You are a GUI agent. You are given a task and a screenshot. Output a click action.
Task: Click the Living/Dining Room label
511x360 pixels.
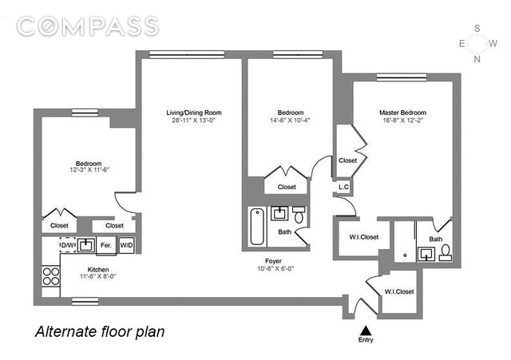(194, 113)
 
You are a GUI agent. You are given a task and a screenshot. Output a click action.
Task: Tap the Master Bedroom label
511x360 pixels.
(402, 113)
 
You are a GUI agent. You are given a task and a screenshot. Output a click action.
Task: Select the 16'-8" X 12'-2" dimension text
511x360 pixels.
(402, 121)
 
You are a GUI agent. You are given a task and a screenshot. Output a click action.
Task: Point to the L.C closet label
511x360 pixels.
(343, 187)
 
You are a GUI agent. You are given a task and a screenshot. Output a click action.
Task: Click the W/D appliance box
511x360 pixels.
(126, 245)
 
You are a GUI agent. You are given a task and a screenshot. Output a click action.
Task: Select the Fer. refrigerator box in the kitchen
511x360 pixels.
(106, 245)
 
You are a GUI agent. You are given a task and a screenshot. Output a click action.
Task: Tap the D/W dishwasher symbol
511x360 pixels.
(68, 245)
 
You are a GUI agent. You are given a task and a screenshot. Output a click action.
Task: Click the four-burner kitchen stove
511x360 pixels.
(51, 276)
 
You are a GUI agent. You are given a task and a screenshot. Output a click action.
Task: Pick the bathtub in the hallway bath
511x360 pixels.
(257, 227)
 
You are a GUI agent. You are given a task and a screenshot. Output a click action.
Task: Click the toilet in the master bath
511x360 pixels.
(446, 253)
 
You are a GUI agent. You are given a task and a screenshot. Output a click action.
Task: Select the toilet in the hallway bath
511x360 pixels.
(299, 215)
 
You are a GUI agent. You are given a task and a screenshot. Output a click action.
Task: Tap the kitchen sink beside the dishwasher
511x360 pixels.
(86, 245)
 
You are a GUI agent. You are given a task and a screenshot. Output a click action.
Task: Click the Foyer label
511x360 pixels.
(273, 261)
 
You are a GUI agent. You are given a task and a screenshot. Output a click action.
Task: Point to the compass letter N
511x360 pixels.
(477, 59)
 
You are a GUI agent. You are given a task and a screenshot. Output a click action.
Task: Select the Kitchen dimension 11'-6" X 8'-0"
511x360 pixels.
(98, 277)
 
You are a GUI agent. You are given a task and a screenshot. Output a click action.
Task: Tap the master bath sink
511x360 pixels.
(426, 254)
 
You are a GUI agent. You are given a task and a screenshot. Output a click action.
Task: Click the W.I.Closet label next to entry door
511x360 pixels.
(399, 291)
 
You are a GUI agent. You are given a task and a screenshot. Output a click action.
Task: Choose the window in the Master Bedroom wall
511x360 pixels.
(402, 77)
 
